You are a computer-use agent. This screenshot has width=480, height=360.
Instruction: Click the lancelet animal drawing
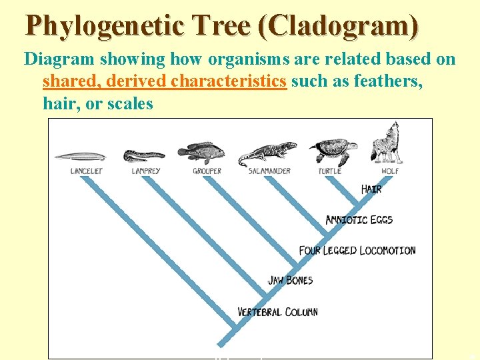(80, 157)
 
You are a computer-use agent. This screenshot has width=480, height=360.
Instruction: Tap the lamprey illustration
(144, 155)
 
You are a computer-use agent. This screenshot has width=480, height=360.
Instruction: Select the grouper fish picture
(201, 153)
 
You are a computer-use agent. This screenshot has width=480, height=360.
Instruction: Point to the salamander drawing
(268, 153)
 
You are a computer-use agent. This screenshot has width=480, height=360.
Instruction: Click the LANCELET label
(87, 171)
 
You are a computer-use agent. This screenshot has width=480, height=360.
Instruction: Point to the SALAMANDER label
(269, 171)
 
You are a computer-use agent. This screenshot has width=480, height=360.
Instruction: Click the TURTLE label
(329, 171)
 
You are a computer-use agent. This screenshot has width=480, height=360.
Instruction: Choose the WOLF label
(390, 171)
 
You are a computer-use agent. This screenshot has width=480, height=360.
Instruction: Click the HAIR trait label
(371, 189)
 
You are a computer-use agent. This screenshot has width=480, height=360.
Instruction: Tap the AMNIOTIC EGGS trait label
(359, 219)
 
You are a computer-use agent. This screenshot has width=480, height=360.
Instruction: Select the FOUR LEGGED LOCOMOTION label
(357, 251)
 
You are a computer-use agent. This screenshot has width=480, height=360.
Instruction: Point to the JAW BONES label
(291, 280)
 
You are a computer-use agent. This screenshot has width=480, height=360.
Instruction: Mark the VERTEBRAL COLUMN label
(277, 311)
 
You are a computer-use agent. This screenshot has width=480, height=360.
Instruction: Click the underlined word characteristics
(229, 81)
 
